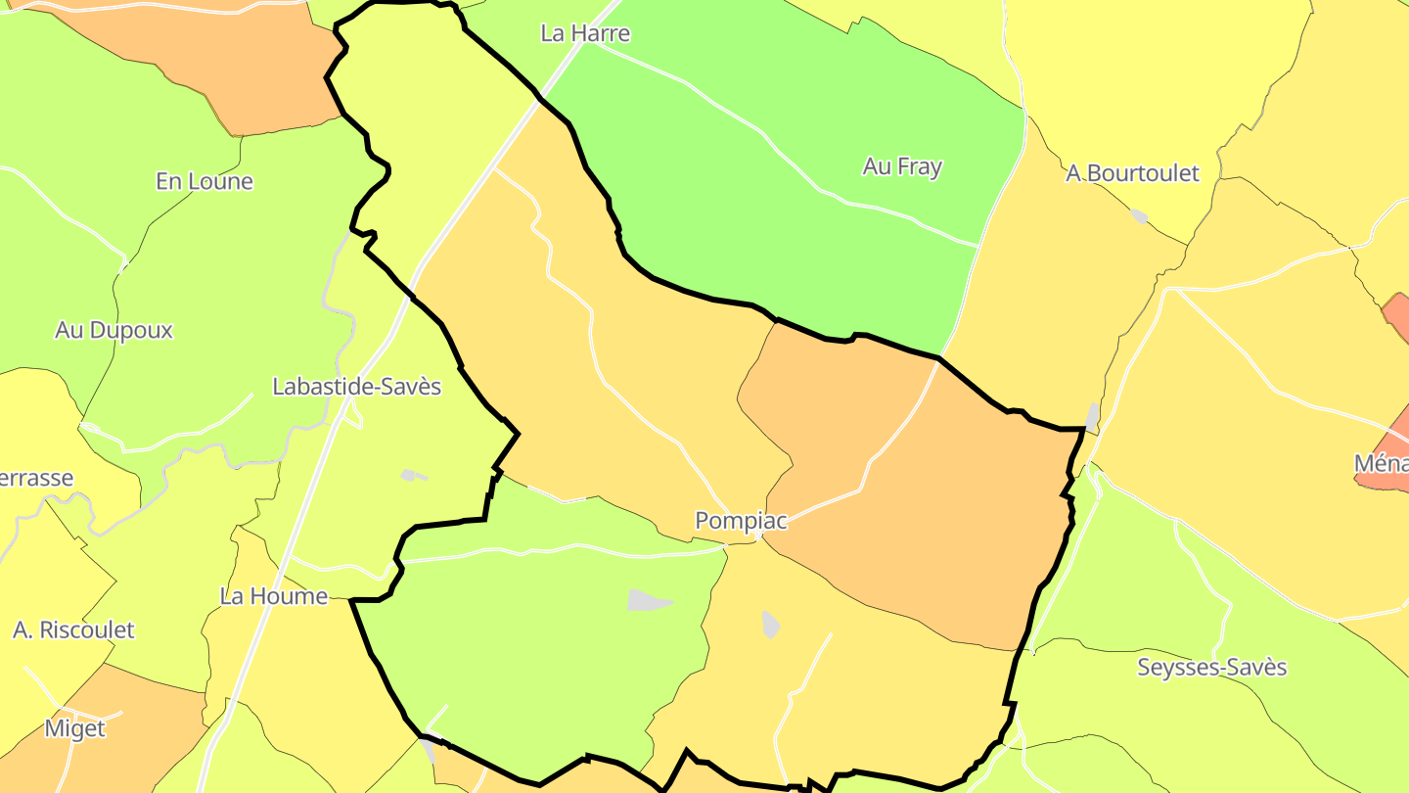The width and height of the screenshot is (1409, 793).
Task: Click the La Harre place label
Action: click(x=585, y=33)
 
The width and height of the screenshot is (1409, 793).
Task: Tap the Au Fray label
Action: click(x=902, y=166)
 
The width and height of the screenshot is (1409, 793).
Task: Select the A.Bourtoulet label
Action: click(x=1132, y=173)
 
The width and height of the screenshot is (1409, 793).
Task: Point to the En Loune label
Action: click(x=205, y=181)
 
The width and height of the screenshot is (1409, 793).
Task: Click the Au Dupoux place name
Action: click(x=114, y=330)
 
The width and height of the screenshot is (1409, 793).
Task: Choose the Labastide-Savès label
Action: click(x=356, y=387)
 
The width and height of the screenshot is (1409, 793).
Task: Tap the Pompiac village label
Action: click(x=741, y=521)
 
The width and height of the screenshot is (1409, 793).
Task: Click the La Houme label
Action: click(x=273, y=596)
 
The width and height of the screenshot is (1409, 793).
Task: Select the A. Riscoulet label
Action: click(x=73, y=630)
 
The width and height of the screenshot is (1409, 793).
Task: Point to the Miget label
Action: click(x=74, y=728)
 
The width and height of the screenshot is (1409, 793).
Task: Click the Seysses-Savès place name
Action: click(x=1211, y=668)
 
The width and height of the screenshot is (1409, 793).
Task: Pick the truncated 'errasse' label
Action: click(x=36, y=478)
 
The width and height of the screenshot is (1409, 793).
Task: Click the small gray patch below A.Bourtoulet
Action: click(x=1139, y=216)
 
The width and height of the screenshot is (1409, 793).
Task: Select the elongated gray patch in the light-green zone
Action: click(x=649, y=600)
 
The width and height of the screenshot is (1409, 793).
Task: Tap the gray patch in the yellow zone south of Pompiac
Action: click(x=771, y=625)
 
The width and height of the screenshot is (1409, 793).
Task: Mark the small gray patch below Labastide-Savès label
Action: click(x=413, y=476)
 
